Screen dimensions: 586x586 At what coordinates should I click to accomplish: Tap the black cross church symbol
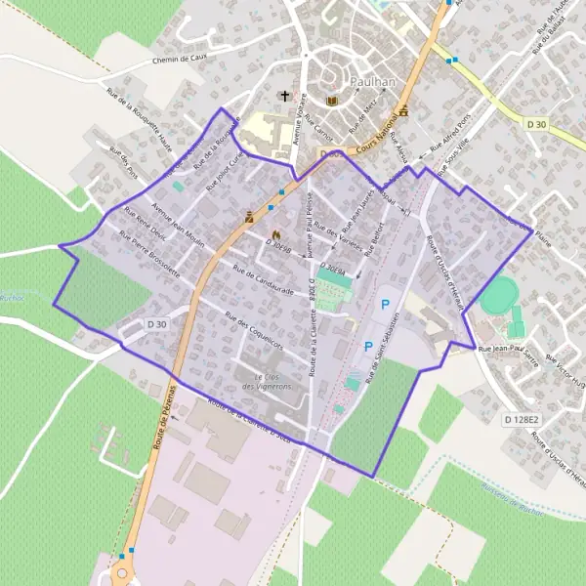(x=284, y=96)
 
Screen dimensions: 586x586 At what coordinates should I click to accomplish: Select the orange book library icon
(x=331, y=102)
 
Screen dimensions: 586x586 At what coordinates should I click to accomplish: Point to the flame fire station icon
(x=275, y=235)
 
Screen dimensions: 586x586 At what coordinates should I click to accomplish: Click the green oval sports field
(x=499, y=295)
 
